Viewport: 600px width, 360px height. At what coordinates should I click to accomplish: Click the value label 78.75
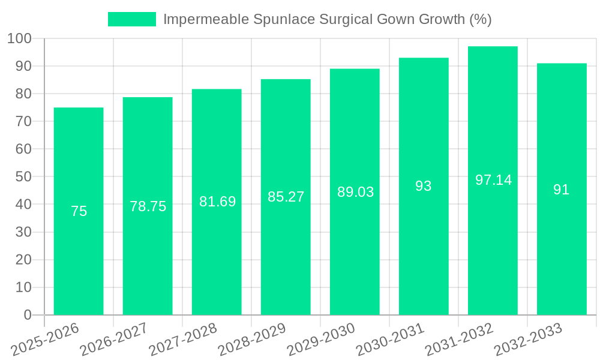coord(148,206)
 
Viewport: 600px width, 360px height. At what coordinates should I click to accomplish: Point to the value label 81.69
coord(217,202)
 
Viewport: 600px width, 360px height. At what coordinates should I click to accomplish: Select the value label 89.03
coord(355,192)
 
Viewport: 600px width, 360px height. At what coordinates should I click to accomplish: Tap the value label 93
coord(424,186)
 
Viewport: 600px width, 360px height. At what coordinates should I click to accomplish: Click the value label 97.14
coord(493,180)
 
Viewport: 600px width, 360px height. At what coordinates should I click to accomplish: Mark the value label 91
coord(562,190)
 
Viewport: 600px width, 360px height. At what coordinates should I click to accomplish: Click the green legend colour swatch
coord(131,19)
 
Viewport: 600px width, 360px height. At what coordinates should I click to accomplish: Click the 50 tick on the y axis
coord(23,177)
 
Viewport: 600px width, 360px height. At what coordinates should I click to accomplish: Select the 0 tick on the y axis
coord(27,315)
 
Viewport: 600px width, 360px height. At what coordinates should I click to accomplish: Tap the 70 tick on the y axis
coord(23,122)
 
